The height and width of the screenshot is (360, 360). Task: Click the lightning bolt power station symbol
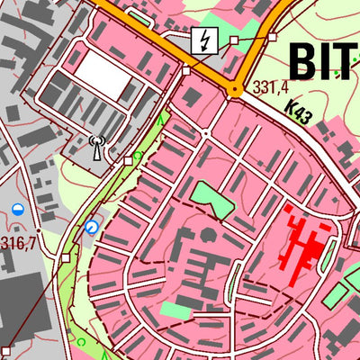(x=203, y=40)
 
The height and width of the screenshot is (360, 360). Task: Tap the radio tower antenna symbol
(x=98, y=146)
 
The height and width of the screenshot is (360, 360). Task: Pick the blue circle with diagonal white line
(x=91, y=228)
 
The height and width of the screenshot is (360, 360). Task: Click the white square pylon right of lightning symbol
(x=234, y=40)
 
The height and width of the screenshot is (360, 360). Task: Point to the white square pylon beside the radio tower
(x=128, y=160)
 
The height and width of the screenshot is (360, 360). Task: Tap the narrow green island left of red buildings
(x=236, y=283)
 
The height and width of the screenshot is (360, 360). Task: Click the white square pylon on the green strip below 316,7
(x=65, y=257)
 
